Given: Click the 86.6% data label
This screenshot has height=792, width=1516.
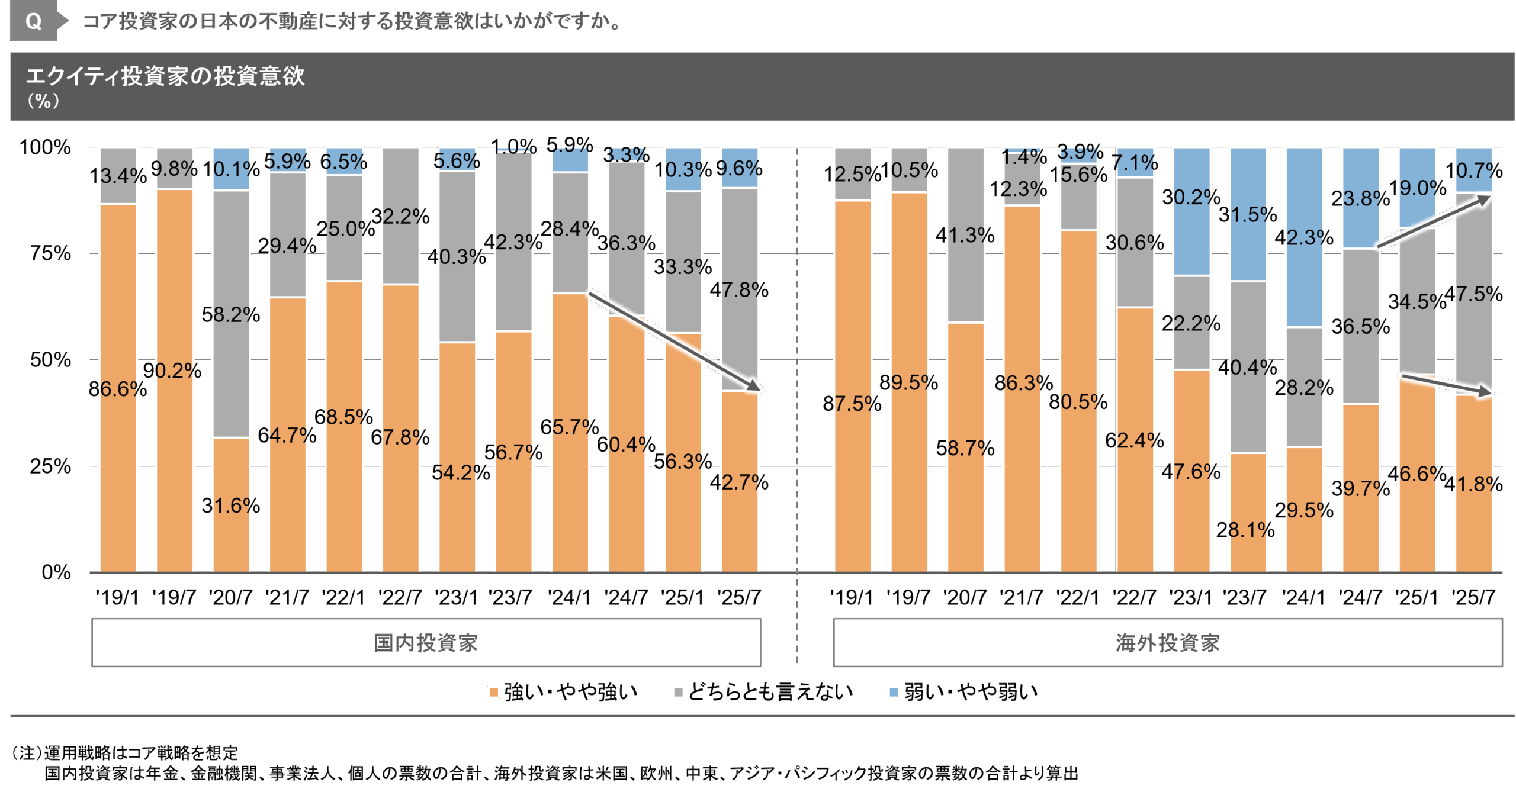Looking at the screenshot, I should [118, 389].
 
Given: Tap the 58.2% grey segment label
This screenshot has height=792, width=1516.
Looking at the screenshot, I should [231, 314].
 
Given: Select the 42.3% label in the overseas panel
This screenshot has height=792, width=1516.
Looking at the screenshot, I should [1304, 237].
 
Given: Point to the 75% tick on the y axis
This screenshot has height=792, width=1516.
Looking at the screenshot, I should [50, 254].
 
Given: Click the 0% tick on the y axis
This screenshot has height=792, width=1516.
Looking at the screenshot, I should [56, 572].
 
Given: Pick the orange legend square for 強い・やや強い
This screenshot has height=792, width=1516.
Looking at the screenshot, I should [493, 692].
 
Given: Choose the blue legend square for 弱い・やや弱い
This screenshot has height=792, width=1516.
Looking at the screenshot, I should [894, 692].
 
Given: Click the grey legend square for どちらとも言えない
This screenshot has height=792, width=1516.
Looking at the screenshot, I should [678, 692].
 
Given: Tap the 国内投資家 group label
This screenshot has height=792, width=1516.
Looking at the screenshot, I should [426, 643].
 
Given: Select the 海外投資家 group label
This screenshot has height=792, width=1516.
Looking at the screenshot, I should [1167, 643].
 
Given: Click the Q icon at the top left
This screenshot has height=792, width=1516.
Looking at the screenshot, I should [34, 21].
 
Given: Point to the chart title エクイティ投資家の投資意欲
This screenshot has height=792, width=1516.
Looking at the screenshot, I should [165, 76].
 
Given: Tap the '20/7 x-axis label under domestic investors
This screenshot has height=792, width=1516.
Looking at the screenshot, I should [230, 597].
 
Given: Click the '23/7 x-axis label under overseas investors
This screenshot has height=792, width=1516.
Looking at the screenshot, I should [1246, 597].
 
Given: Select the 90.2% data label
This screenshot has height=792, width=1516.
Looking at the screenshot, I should [172, 371].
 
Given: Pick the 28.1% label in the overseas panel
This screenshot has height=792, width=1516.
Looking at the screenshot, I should [1245, 530].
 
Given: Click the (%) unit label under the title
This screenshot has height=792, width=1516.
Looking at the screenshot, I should [43, 101].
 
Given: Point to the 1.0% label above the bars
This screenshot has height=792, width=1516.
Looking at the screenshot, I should [514, 146].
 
